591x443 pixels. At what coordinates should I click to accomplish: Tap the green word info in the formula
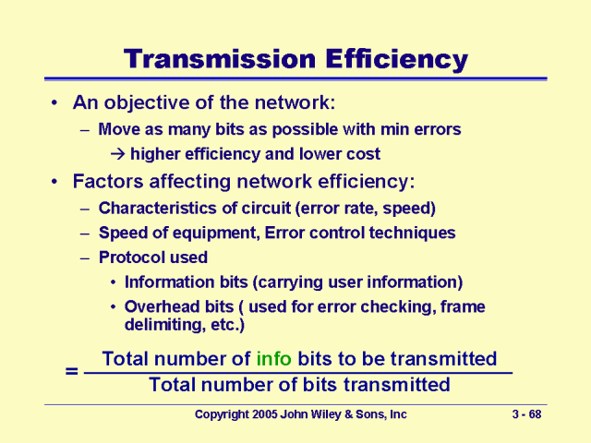274,358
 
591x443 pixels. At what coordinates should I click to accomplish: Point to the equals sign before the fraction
71,371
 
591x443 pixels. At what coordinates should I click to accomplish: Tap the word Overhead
159,306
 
